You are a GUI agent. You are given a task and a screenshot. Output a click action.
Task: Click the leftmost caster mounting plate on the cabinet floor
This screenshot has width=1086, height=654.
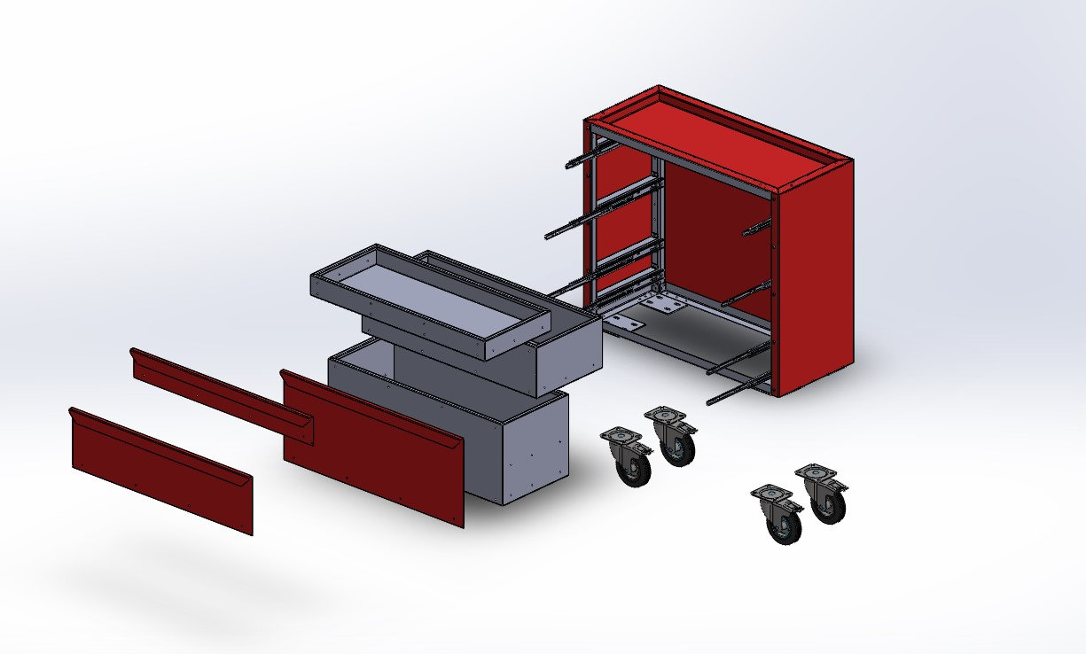tap(624, 323)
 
